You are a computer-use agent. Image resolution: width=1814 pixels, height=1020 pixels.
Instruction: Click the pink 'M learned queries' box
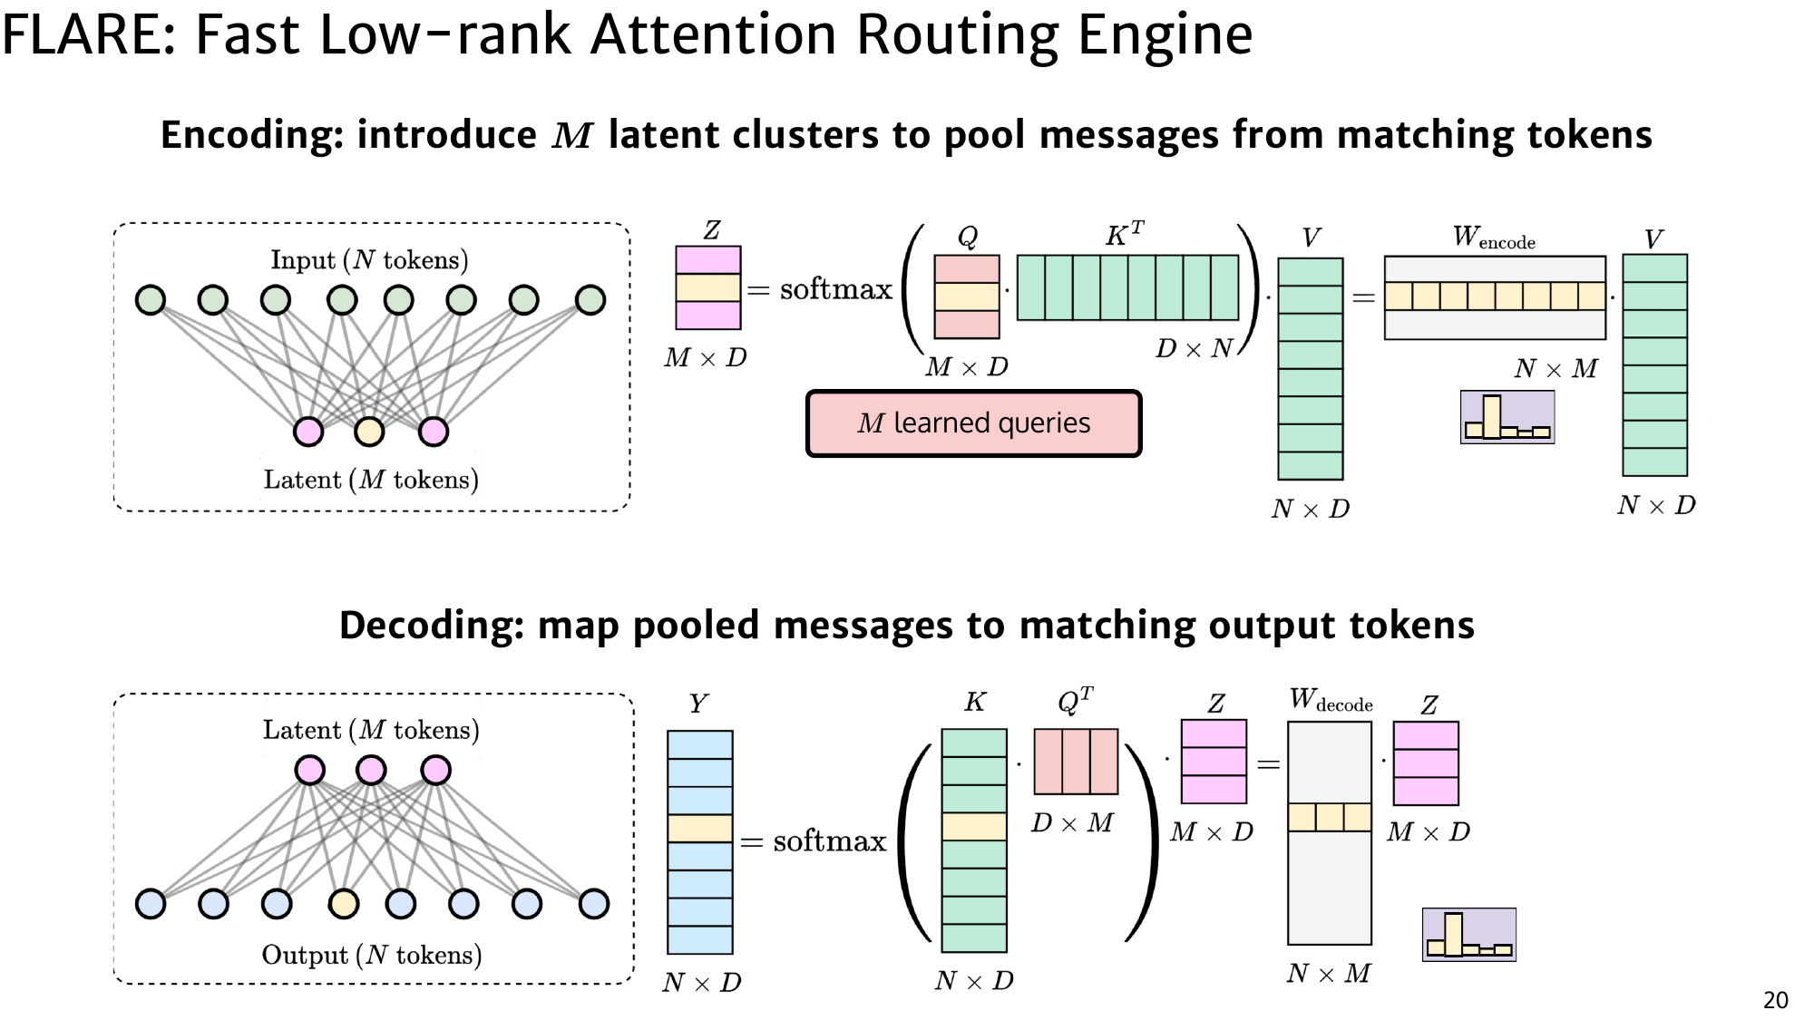973,423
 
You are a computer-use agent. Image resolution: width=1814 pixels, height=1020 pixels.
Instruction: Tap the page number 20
1775,1000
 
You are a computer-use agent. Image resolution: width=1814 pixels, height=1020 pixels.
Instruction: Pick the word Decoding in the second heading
431,626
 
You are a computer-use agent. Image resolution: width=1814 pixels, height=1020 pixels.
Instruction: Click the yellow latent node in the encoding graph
369,432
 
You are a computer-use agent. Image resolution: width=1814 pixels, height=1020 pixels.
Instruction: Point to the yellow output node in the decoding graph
344,903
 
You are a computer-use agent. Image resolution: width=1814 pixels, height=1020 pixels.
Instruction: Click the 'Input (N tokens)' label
369,260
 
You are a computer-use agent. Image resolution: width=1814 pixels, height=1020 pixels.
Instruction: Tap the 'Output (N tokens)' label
371,955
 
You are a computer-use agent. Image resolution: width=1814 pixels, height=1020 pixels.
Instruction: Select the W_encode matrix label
1493,238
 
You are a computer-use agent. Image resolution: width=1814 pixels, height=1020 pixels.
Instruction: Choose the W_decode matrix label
1331,700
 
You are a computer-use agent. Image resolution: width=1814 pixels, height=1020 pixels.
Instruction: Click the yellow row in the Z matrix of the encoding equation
708,287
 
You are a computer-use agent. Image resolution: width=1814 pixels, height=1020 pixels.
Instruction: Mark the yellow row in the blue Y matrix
699,828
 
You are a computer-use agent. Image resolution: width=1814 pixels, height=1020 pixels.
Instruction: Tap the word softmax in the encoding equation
835,289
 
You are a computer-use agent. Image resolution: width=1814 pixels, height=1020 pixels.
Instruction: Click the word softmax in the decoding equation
829,841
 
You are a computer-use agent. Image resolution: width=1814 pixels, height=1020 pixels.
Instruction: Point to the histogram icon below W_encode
1507,417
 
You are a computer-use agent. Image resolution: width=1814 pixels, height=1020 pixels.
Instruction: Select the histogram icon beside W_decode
1468,935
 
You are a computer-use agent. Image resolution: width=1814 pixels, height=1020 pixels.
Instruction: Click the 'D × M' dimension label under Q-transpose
1072,823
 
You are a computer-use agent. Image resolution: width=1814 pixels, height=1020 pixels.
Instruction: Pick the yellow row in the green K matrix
974,826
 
